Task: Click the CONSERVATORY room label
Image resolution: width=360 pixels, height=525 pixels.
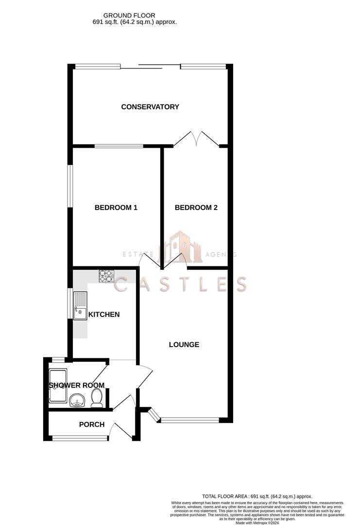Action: (x=150, y=107)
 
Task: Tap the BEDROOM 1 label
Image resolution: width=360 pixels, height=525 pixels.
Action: (x=116, y=208)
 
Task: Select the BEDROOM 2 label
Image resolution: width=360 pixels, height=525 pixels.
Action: (x=196, y=208)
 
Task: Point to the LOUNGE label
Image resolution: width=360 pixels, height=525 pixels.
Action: (x=184, y=345)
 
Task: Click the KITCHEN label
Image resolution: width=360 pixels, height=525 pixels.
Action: (x=104, y=315)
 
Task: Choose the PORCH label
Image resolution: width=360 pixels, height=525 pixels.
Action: (x=92, y=424)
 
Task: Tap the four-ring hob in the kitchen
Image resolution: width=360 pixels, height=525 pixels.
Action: (x=106, y=276)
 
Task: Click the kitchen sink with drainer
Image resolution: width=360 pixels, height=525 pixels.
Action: (x=80, y=306)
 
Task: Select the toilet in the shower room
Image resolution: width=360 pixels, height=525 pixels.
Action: (x=97, y=398)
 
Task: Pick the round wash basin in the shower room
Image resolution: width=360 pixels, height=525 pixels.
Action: (x=78, y=401)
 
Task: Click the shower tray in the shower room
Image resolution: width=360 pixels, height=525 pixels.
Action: (x=58, y=385)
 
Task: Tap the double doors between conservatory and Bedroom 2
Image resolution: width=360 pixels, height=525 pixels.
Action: (x=196, y=139)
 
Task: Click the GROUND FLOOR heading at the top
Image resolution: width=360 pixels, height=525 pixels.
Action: (x=129, y=16)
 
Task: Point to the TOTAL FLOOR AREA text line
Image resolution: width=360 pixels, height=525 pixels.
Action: (x=257, y=496)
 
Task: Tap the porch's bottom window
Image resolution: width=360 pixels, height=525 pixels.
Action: (x=80, y=438)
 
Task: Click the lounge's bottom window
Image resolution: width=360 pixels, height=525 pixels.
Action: (x=190, y=420)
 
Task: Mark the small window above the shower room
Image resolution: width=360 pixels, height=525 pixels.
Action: (x=58, y=360)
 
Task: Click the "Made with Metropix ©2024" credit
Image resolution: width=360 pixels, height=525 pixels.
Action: (x=257, y=523)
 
